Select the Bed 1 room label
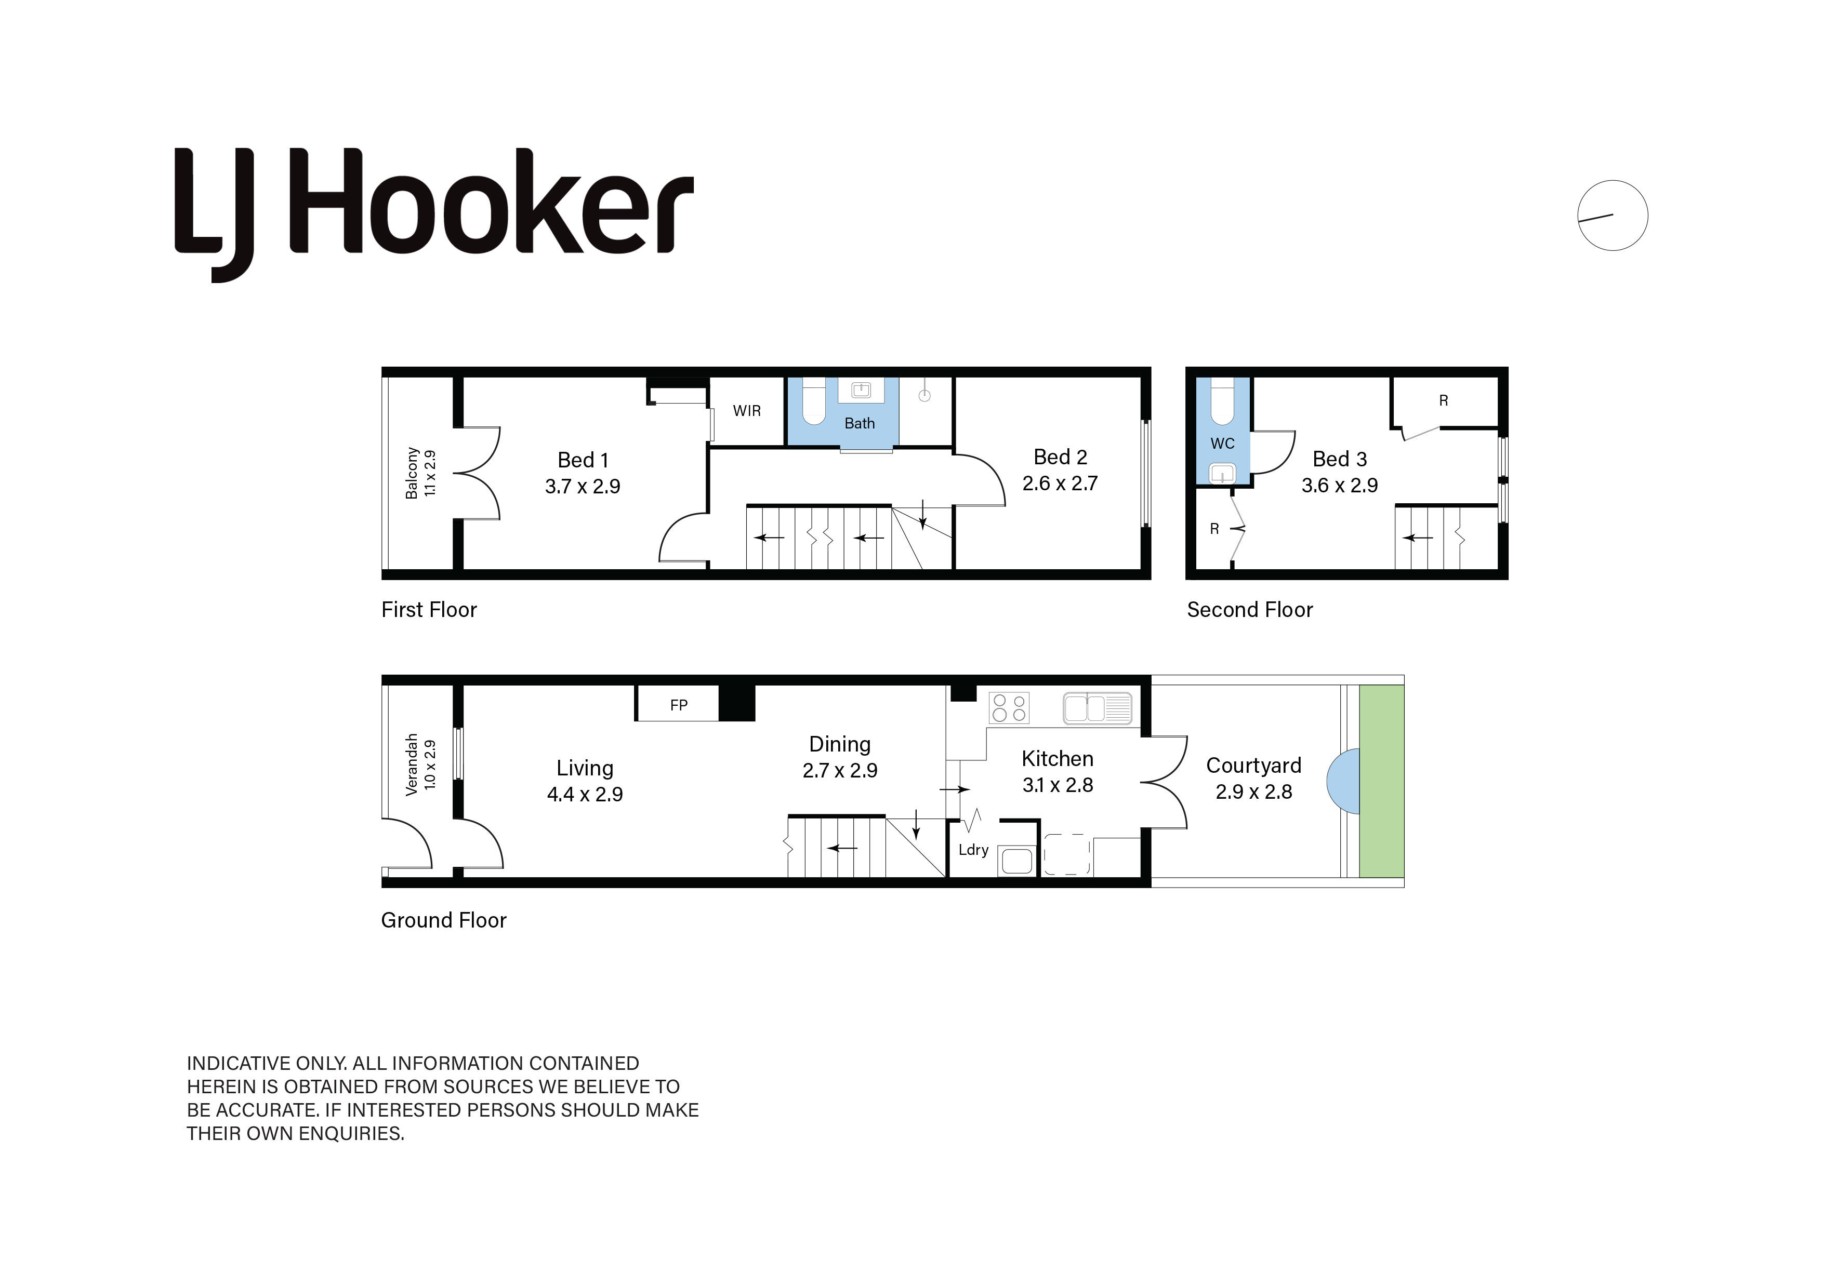pyautogui.click(x=583, y=460)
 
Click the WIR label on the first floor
pyautogui.click(x=746, y=411)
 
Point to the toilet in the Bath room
pyautogui.click(x=815, y=401)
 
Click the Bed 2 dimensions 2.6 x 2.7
pyautogui.click(x=1060, y=484)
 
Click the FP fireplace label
pyautogui.click(x=678, y=705)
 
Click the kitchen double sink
pyautogui.click(x=1098, y=708)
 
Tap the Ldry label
pyautogui.click(x=973, y=850)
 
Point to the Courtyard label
pyautogui.click(x=1254, y=766)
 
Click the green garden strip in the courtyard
pyautogui.click(x=1382, y=781)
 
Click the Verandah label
pyautogui.click(x=411, y=764)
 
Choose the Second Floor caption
pyautogui.click(x=1250, y=610)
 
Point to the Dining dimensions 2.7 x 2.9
pyautogui.click(x=840, y=771)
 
